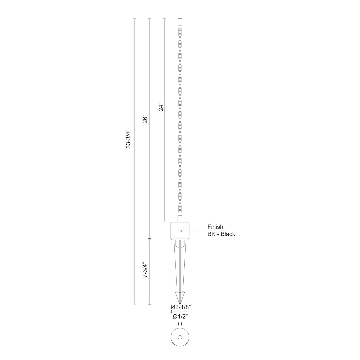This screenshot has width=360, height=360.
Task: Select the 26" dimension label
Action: coord(145,120)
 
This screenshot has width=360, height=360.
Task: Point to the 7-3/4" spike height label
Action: coord(145,270)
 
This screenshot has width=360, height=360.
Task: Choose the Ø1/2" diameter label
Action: coord(180,317)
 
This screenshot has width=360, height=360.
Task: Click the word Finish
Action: coord(215,227)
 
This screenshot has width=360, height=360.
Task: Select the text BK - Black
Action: coord(221,234)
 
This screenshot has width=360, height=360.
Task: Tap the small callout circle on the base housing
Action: coord(181,231)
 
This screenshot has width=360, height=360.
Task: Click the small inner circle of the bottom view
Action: coord(180,337)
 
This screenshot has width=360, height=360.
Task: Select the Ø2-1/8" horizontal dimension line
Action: coord(180,312)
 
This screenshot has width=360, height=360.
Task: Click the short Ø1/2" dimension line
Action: coord(180,324)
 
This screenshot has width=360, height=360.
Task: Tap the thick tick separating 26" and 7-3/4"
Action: coord(149,239)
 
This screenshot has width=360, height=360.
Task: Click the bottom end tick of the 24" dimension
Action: coord(164,222)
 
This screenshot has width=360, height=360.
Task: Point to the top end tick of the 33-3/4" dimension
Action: coord(134,19)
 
